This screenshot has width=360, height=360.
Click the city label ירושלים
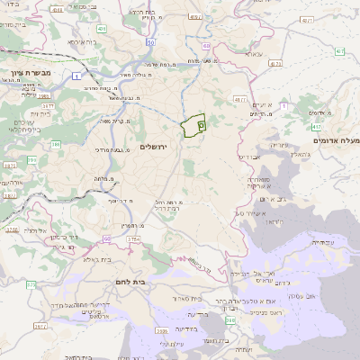[154, 147]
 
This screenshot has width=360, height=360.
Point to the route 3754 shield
[134, 239]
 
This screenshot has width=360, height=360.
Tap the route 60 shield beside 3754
[107, 238]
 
